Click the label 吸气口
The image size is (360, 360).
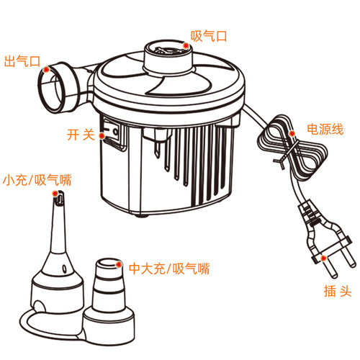pos(209,36)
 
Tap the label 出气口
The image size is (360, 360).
pos(22,61)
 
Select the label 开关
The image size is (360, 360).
pos(81,135)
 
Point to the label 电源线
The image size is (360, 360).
pos(325,129)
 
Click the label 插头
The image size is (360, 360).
pos(338,291)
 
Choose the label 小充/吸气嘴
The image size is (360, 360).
pos(37,180)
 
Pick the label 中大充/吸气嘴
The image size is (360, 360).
pos(169,269)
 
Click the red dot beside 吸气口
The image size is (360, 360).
pos(186,45)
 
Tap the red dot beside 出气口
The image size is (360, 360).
pos(46,70)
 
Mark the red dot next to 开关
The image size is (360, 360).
pos(102,136)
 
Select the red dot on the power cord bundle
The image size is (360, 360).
pos(292,133)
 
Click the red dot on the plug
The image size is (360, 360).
pos(323,258)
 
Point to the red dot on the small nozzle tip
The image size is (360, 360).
pos(55,194)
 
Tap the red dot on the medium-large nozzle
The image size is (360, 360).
pos(119,264)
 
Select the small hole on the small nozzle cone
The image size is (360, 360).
pos(64,269)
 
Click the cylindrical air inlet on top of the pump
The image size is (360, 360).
pos(168,57)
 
